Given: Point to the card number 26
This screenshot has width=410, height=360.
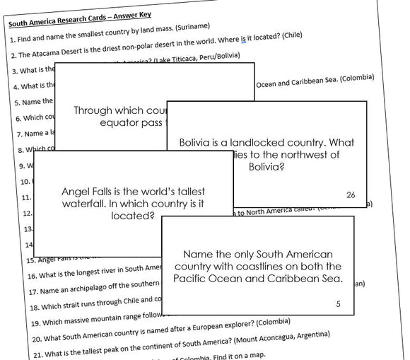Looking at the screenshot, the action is tap(351, 195).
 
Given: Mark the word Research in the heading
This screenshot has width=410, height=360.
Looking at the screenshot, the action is tap(76, 22).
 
